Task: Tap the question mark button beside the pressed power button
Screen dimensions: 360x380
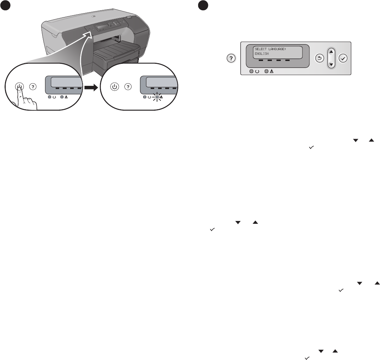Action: pyautogui.click(x=33, y=86)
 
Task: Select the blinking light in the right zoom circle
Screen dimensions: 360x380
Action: pyautogui.click(x=157, y=97)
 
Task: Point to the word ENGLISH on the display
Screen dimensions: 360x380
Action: pyautogui.click(x=262, y=54)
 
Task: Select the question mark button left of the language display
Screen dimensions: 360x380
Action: pyautogui.click(x=231, y=58)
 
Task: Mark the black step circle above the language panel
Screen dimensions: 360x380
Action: pyautogui.click(x=202, y=5)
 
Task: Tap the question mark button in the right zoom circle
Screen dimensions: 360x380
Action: pyautogui.click(x=128, y=86)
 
